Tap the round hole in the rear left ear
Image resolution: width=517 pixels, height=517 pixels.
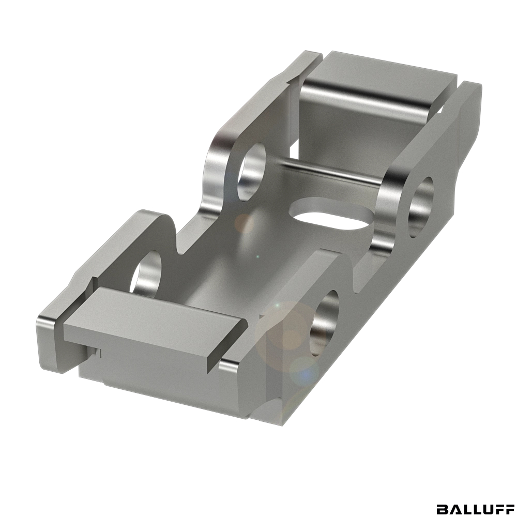point(251,172)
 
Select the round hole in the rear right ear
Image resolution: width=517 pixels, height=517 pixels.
point(421,207)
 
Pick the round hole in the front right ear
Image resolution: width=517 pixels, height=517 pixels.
point(325,323)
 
